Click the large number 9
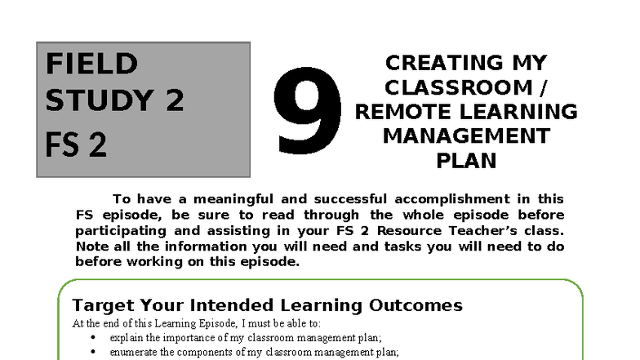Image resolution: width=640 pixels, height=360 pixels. coord(309,111)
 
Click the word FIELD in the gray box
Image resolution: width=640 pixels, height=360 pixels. coord(91,64)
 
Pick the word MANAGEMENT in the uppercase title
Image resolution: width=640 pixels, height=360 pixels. coord(465,136)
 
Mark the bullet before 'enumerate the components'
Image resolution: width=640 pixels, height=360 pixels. coord(91,352)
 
